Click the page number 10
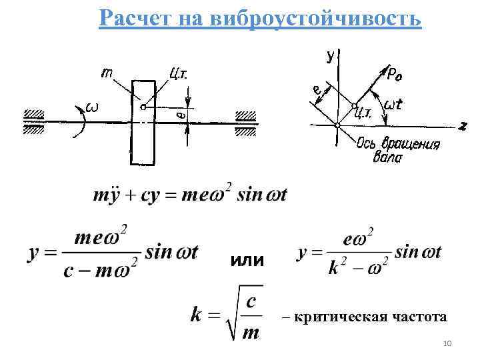point(447,343)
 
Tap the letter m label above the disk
point(107,72)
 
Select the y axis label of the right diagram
point(329,56)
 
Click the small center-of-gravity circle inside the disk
point(143,106)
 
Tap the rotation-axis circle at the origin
point(337,124)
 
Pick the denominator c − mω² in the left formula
point(100,271)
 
